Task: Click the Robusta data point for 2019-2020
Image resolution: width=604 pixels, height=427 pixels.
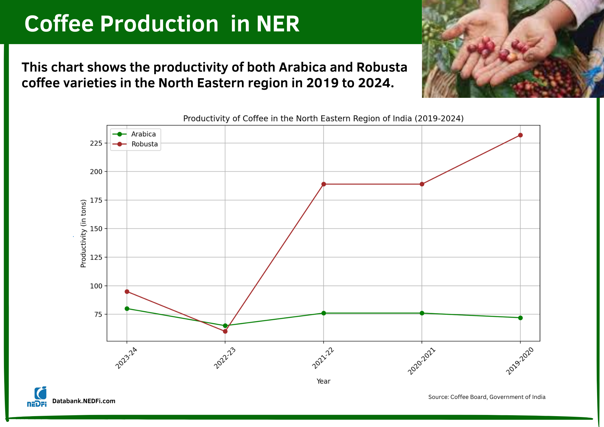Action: tap(520, 135)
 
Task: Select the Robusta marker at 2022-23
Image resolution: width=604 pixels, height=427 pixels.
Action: tap(225, 331)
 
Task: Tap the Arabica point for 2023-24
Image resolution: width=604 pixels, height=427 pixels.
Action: tap(127, 309)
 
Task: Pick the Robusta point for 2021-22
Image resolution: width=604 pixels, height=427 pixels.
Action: tap(323, 184)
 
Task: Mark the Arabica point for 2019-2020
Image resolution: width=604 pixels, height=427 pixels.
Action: tap(520, 318)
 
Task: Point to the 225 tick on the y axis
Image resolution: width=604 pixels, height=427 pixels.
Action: tap(96, 143)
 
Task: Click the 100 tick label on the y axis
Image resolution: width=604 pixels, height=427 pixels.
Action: tap(96, 286)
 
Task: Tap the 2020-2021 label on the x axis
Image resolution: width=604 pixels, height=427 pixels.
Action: tap(421, 361)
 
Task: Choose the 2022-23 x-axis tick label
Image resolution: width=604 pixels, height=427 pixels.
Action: tap(225, 358)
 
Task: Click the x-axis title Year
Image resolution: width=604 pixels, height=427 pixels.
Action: tap(323, 381)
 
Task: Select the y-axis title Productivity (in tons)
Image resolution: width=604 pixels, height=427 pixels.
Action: tap(83, 233)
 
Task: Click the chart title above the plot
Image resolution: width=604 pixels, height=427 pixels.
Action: tap(323, 118)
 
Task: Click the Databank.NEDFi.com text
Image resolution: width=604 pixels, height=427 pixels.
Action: tap(84, 401)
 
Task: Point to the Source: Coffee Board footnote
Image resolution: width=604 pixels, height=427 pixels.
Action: tap(487, 397)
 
